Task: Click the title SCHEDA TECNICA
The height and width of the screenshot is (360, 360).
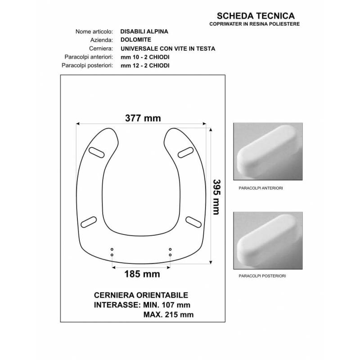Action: click(x=256, y=16)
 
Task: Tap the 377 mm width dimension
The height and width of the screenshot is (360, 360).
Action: click(x=143, y=118)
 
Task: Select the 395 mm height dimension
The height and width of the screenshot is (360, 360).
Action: click(x=216, y=197)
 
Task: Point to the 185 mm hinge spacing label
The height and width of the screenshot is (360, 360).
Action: click(x=142, y=274)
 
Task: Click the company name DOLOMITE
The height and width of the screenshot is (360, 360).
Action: click(x=136, y=40)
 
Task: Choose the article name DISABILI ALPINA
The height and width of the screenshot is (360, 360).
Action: click(x=144, y=31)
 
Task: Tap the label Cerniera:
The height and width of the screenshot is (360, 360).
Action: click(x=101, y=49)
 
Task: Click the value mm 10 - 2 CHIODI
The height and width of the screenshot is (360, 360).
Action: click(x=145, y=57)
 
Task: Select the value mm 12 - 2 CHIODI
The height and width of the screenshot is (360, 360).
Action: click(x=145, y=66)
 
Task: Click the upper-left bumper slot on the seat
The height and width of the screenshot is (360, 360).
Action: click(x=96, y=153)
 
